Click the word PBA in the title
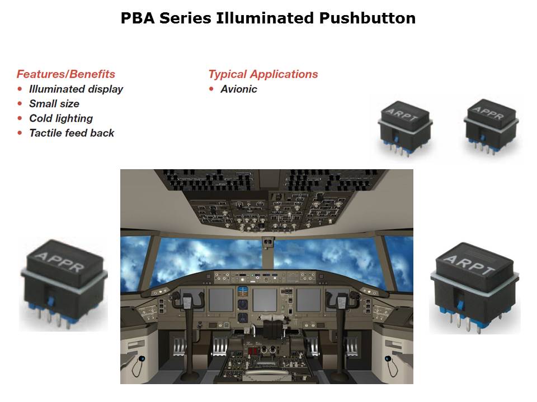point(138,18)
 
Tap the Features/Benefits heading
point(66,74)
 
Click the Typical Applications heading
point(263,74)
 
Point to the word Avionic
point(239,89)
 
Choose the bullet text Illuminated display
point(76,89)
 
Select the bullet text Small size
point(54,104)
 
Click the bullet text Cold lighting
point(61,118)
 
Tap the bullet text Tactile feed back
point(72,133)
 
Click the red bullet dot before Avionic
point(211,89)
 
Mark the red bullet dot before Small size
point(20,104)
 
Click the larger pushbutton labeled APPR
point(64,284)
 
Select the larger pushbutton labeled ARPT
point(475,288)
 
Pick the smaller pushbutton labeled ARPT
point(405,128)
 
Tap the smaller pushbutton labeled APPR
point(491,126)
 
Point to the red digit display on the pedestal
point(253,351)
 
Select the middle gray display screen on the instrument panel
point(265,299)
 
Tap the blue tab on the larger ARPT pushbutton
point(460,305)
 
